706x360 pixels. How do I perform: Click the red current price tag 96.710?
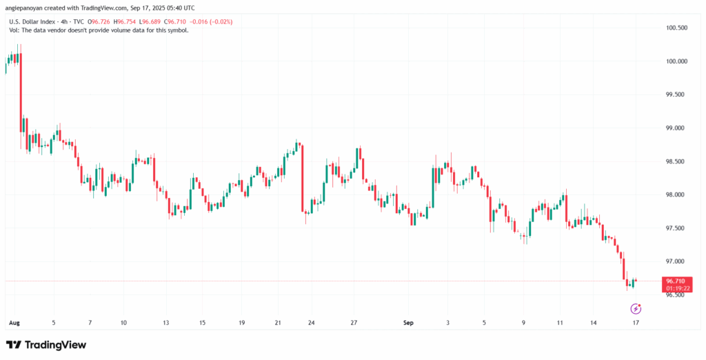click(675, 281)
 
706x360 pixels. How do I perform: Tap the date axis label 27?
click(354, 323)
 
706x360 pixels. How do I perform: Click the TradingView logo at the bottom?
click(46, 344)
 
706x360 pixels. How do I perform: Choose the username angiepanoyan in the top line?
click(28, 8)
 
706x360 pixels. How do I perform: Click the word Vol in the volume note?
click(13, 32)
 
